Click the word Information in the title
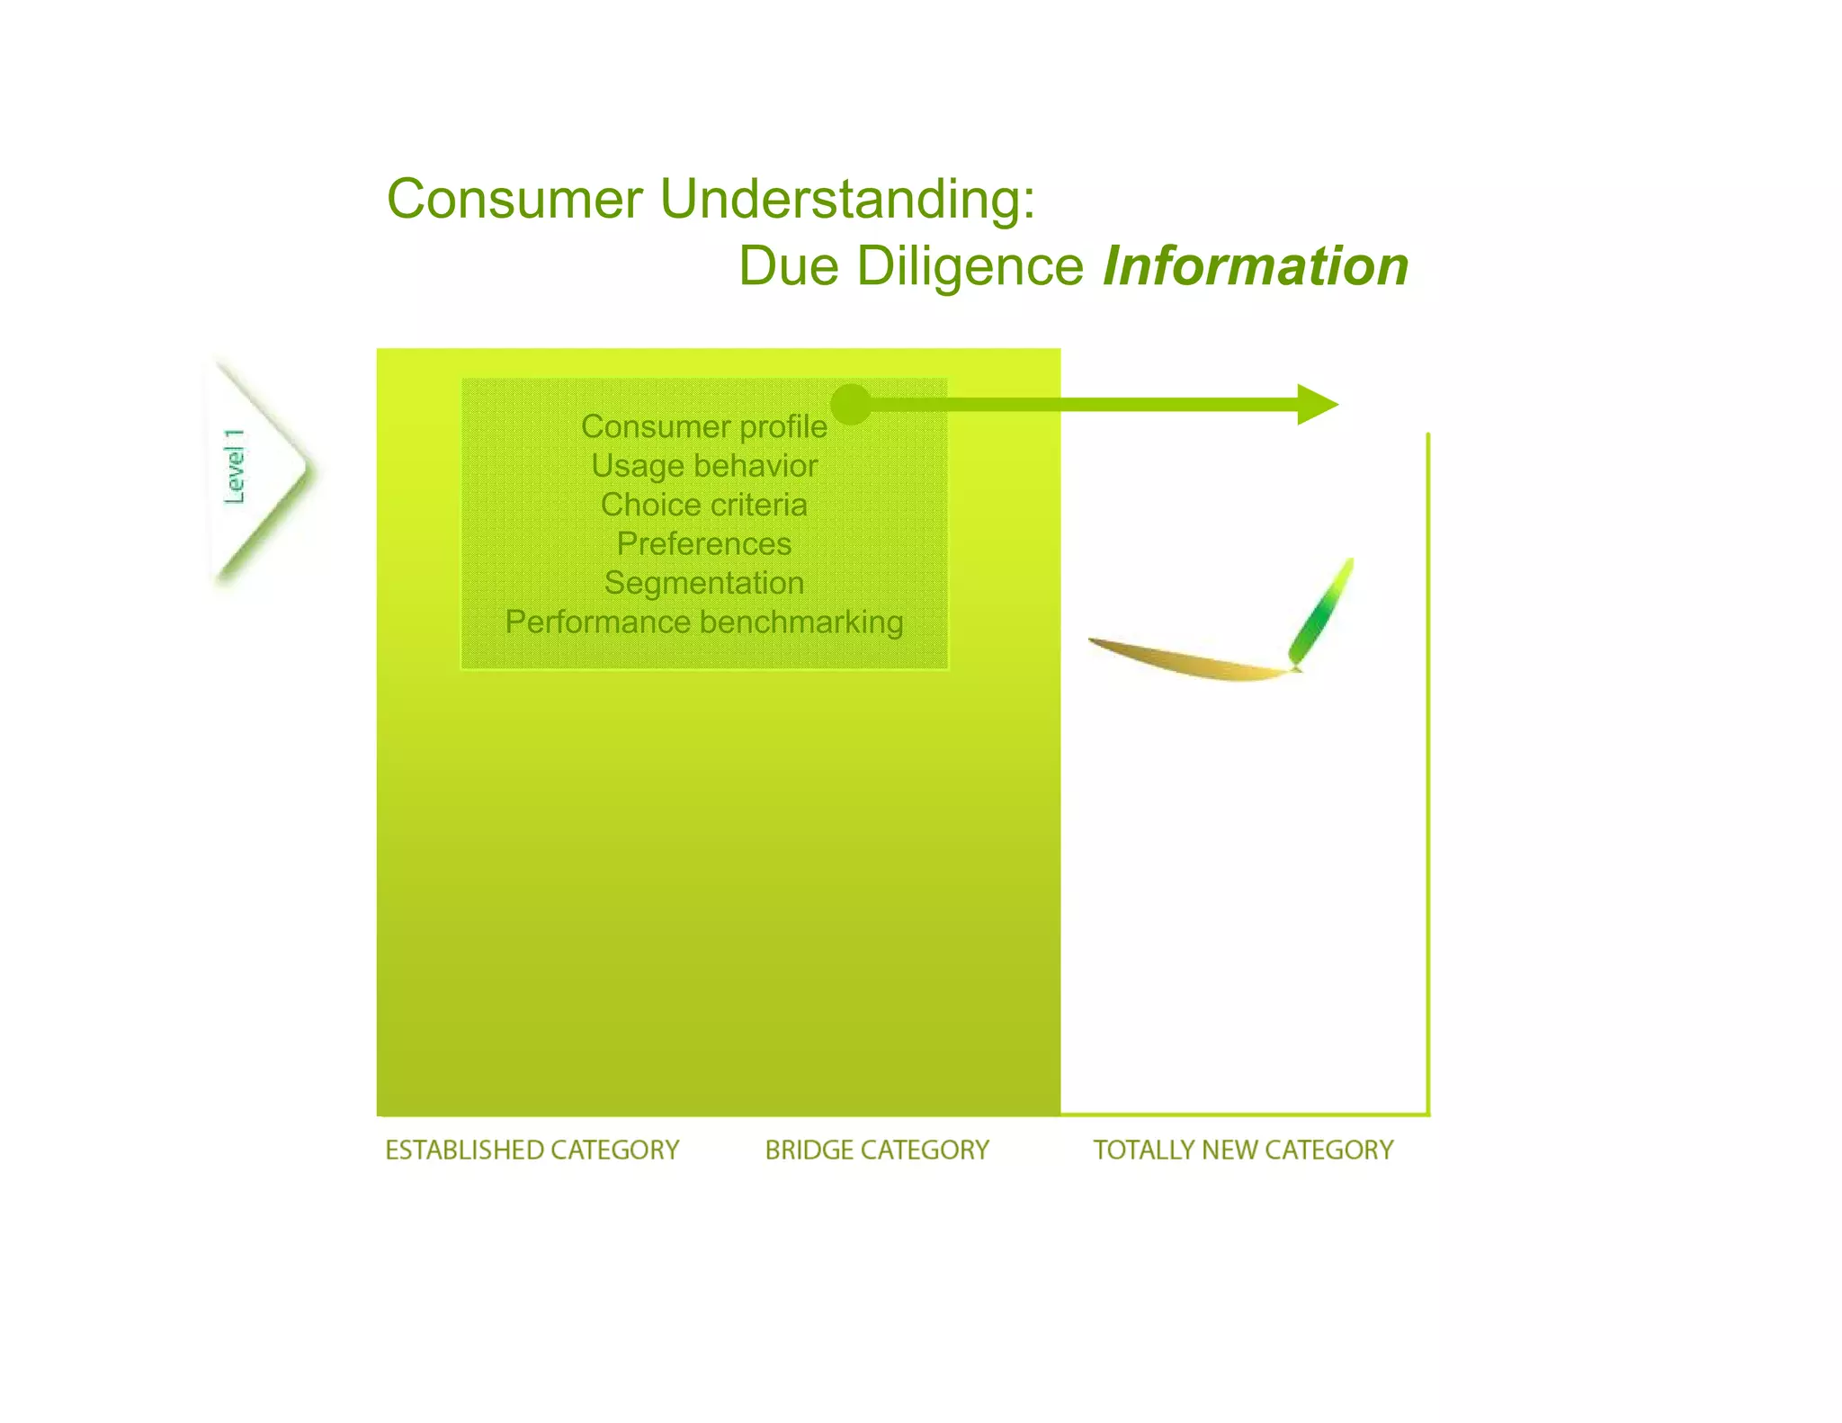pos(1255,267)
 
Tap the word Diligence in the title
pos(970,267)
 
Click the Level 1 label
pos(235,466)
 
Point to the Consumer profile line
pos(703,426)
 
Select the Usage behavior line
pos(703,466)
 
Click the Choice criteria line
pos(703,505)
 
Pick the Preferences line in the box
pos(703,544)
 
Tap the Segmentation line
pos(703,583)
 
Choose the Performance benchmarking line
pos(703,622)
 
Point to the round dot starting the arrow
pos(851,404)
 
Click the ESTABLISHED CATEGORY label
pos(532,1150)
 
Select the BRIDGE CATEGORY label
pos(877,1150)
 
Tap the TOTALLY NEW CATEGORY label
pos(1243,1150)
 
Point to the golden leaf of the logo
pos(1187,662)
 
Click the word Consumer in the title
pos(514,199)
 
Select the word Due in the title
pos(790,267)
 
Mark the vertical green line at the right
pos(1427,774)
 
